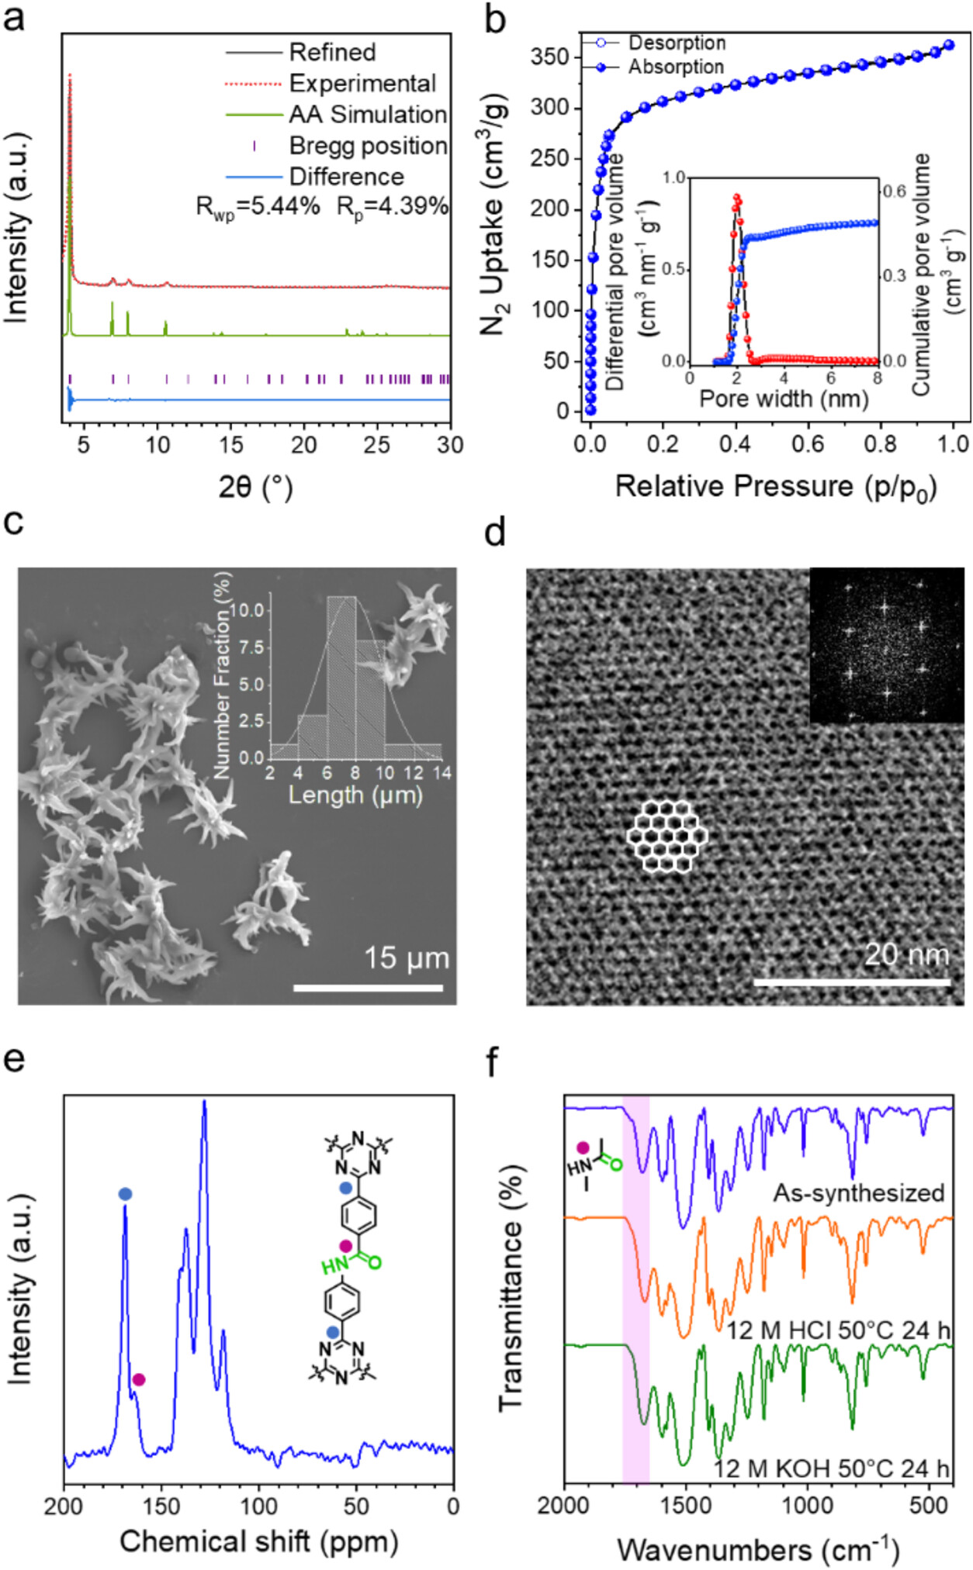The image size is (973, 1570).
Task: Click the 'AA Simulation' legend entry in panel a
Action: point(368,115)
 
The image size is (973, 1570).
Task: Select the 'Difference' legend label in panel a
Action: point(346,177)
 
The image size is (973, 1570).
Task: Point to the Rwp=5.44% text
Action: point(258,206)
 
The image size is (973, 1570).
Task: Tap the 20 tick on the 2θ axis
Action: point(303,445)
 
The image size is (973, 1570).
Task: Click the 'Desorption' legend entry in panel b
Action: point(677,43)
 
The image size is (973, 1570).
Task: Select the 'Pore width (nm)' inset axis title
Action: point(784,399)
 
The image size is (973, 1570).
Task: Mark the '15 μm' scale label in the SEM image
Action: point(407,958)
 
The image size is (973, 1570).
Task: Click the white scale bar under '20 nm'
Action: point(851,982)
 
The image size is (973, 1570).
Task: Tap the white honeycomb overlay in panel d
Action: point(667,836)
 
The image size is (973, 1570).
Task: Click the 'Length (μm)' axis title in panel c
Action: point(355,795)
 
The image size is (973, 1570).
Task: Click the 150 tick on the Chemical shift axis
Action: point(161,1506)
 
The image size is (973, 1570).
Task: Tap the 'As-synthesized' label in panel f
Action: point(858,1192)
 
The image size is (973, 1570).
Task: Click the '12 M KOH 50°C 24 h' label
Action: point(831,1468)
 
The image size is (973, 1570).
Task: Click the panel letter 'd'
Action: point(494,533)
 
